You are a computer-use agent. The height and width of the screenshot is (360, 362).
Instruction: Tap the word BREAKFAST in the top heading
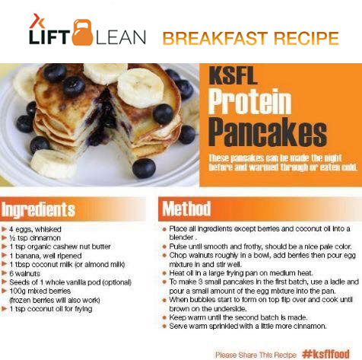coord(215,39)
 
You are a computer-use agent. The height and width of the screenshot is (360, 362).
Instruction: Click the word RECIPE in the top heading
coord(306,39)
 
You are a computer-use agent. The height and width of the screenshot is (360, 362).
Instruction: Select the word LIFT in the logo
coord(49,37)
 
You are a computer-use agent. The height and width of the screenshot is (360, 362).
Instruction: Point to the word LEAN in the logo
coord(121,37)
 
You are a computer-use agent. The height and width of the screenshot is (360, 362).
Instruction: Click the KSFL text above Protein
coord(233,76)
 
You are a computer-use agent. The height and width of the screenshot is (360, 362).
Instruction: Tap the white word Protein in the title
coord(249,102)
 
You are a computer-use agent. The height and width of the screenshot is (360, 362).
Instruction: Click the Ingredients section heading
coord(38,209)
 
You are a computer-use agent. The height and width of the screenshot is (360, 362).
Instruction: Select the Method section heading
coord(186,209)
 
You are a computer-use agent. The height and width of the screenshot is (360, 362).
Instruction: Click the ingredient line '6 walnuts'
coord(24,273)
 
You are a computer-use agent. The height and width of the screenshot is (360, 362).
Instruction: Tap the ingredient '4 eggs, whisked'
coord(35,229)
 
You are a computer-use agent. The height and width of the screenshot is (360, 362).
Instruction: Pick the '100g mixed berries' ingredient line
coord(40,291)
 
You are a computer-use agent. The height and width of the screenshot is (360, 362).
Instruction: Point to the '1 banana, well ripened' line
coord(46,256)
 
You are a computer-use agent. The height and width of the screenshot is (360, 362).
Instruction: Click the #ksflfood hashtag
coord(325,353)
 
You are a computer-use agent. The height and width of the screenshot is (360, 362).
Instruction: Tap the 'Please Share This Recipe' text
coord(256,355)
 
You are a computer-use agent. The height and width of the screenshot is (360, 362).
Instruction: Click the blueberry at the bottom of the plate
coord(144,168)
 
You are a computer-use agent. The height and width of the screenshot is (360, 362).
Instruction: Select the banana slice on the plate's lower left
coord(52,164)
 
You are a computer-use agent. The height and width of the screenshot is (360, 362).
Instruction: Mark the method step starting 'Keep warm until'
coord(238,317)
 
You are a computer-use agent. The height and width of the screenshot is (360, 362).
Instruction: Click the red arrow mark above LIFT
coord(37,21)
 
